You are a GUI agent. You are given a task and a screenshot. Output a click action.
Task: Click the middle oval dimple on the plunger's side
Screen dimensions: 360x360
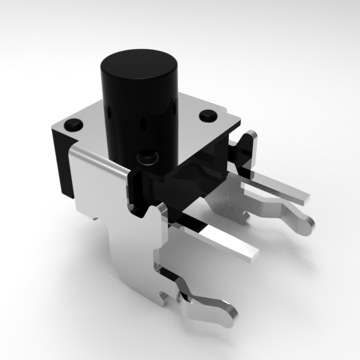coord(143,125)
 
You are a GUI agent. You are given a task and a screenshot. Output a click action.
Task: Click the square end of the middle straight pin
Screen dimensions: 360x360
coord(254,256)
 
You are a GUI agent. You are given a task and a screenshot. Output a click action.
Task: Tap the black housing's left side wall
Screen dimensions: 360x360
coord(60,164)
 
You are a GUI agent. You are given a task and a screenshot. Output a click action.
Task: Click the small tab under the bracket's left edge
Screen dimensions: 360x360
coord(95,219)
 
